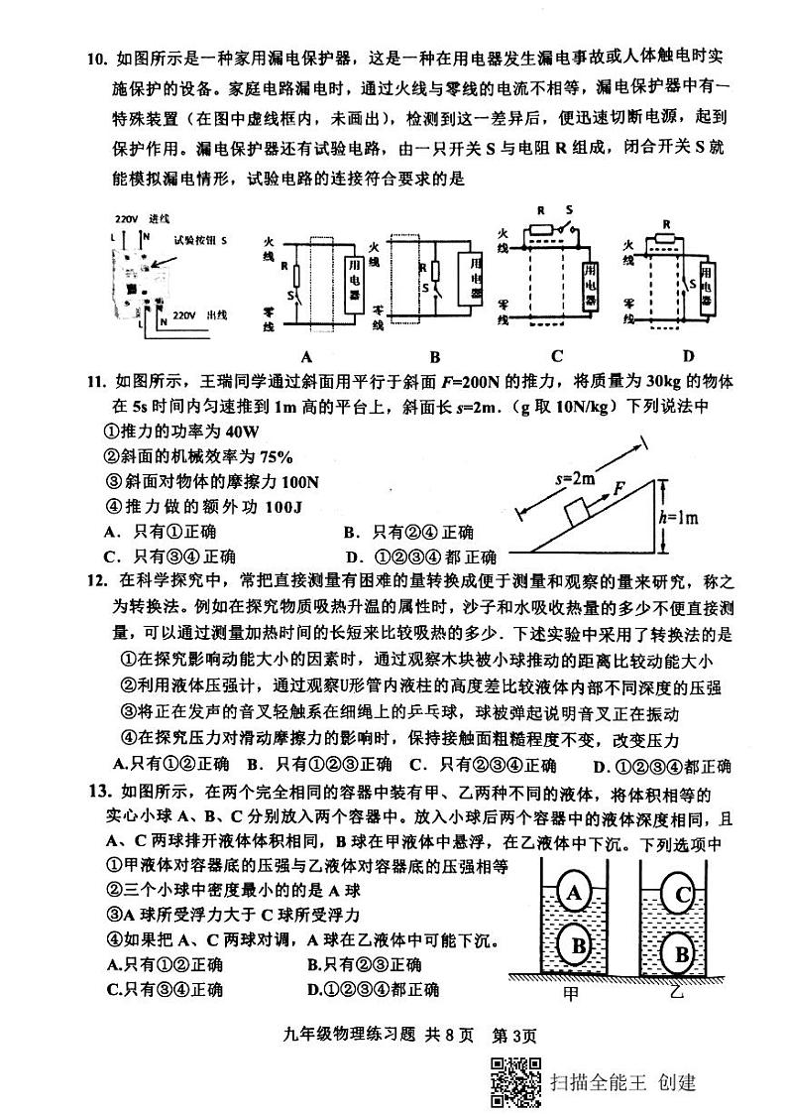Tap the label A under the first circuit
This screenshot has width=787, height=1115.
[x=305, y=357]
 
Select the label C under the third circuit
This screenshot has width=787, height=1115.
[x=557, y=356]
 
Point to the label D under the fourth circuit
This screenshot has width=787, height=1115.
[x=688, y=356]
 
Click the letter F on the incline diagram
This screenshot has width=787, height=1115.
[x=618, y=488]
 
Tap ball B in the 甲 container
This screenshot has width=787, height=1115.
[x=577, y=945]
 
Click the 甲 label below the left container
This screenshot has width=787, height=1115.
[x=570, y=992]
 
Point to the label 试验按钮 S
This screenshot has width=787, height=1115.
[x=199, y=240]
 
